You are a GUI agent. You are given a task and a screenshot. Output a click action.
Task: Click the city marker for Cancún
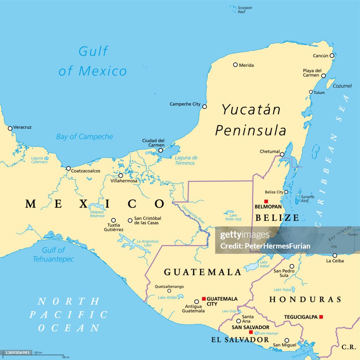coord(332,56)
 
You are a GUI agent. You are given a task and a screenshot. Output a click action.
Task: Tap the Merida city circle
coord(235,65)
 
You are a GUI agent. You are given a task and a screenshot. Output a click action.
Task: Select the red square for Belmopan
coord(266,201)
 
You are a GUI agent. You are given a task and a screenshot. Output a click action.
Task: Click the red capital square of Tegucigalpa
coord(321,317)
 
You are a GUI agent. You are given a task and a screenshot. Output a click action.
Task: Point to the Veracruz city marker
coord(10,128)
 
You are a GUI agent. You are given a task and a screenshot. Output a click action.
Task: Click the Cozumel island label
coord(342,86)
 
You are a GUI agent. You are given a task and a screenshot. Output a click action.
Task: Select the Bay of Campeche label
coord(84,137)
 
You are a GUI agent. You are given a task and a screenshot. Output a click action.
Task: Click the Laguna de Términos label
coord(186,160)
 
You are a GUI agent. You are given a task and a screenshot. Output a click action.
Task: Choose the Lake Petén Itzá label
coord(232,216)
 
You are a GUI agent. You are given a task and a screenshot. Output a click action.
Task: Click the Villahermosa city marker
coord(121,175)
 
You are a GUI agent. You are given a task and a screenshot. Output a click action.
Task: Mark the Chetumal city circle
coord(282,154)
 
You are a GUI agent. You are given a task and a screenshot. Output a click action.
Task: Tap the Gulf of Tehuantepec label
coord(53,255)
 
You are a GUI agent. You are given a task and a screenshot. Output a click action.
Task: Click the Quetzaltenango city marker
coord(169,291)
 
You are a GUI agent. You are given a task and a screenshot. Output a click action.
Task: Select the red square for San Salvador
coord(251,332)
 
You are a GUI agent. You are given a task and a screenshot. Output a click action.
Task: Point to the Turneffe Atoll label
coord(307,199)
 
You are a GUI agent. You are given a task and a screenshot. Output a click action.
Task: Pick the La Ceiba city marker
coord(335,256)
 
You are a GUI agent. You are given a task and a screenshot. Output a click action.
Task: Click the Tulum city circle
coord(311,92)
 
